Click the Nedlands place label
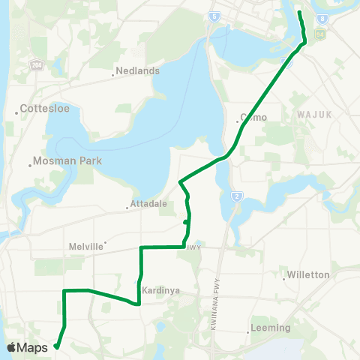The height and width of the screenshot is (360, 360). [139, 71]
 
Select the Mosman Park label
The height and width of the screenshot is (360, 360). [65, 161]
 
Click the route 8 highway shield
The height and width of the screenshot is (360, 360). [322, 18]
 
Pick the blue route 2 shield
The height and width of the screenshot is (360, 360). [236, 196]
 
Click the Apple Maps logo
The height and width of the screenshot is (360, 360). [28, 347]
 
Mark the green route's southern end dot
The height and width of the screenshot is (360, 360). [57, 346]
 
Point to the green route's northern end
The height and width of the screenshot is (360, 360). [299, 13]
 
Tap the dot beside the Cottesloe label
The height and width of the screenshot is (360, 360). [17, 113]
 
